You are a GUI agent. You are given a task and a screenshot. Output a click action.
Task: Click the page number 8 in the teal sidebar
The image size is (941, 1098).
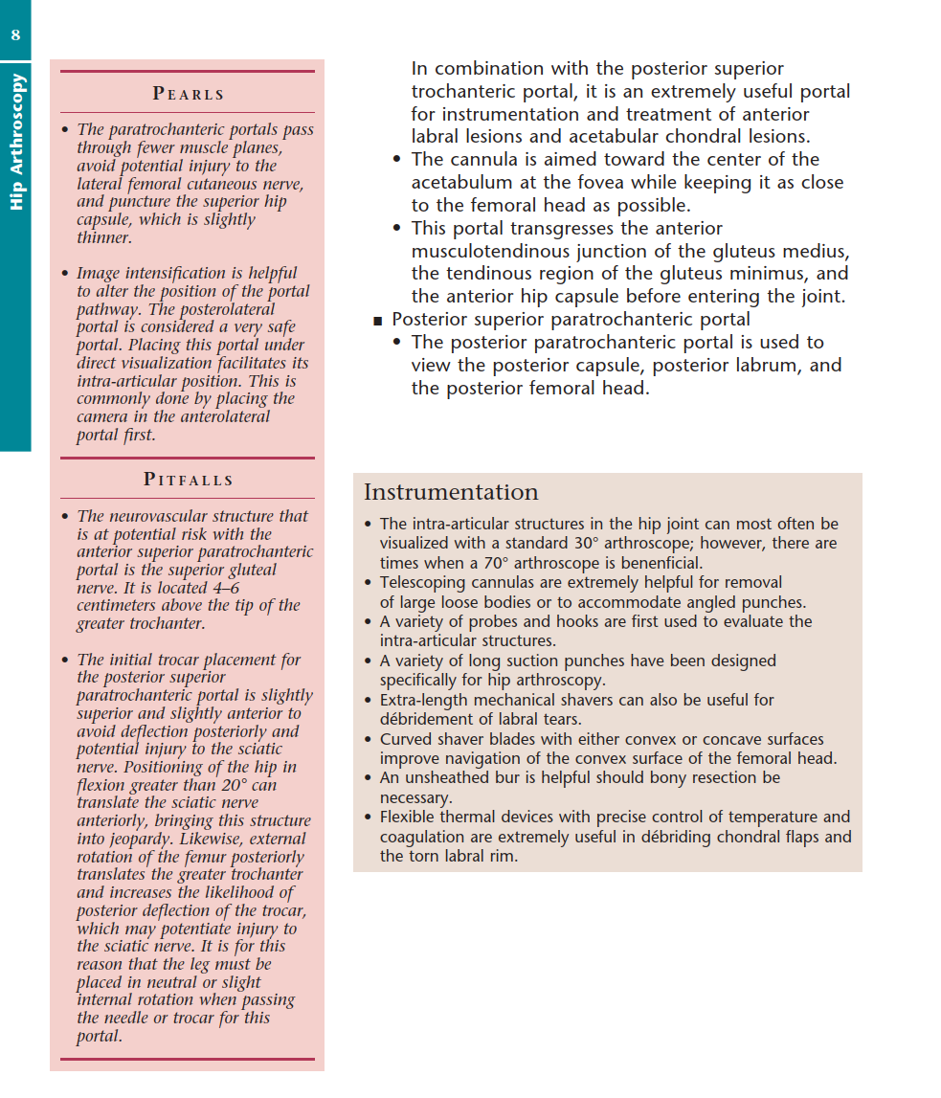(x=15, y=36)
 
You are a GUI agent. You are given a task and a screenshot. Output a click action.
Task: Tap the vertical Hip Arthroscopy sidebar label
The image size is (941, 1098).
(x=16, y=141)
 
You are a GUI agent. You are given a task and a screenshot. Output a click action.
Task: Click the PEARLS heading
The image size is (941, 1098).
(x=189, y=94)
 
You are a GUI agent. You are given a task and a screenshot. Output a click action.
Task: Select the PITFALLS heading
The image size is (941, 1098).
(x=189, y=480)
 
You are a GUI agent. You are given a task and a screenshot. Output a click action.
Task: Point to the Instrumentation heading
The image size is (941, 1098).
(x=451, y=492)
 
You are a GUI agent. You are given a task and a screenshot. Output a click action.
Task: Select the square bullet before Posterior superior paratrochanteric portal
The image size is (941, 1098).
(x=377, y=321)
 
